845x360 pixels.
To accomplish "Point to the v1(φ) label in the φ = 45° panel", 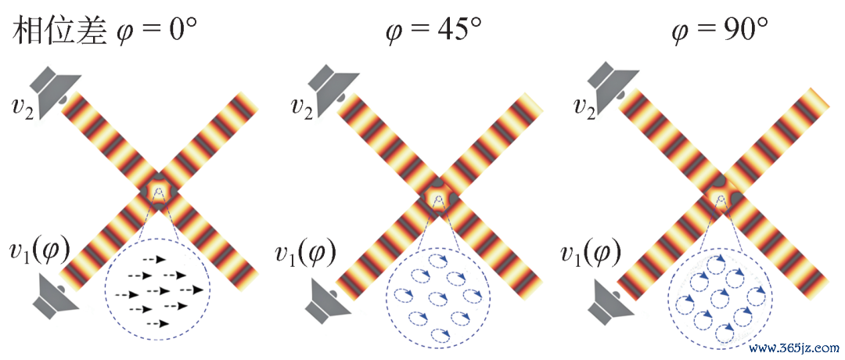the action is coord(304,252).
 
